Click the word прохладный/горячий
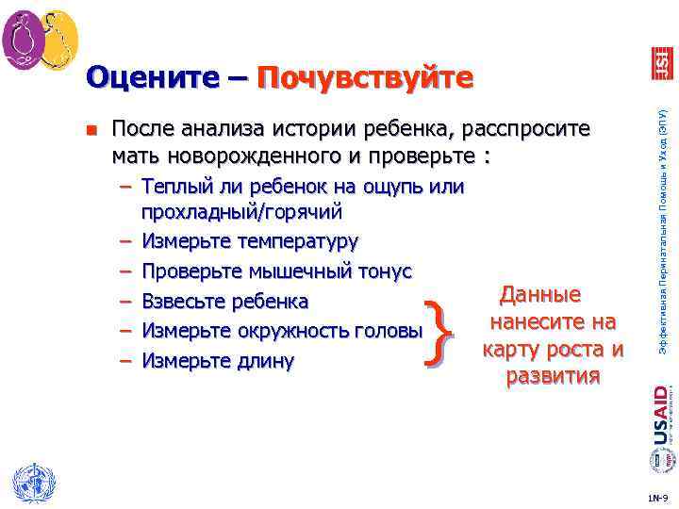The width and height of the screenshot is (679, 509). coord(241,212)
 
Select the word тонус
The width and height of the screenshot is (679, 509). coord(381,271)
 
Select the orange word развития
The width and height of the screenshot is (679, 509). coord(553,377)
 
